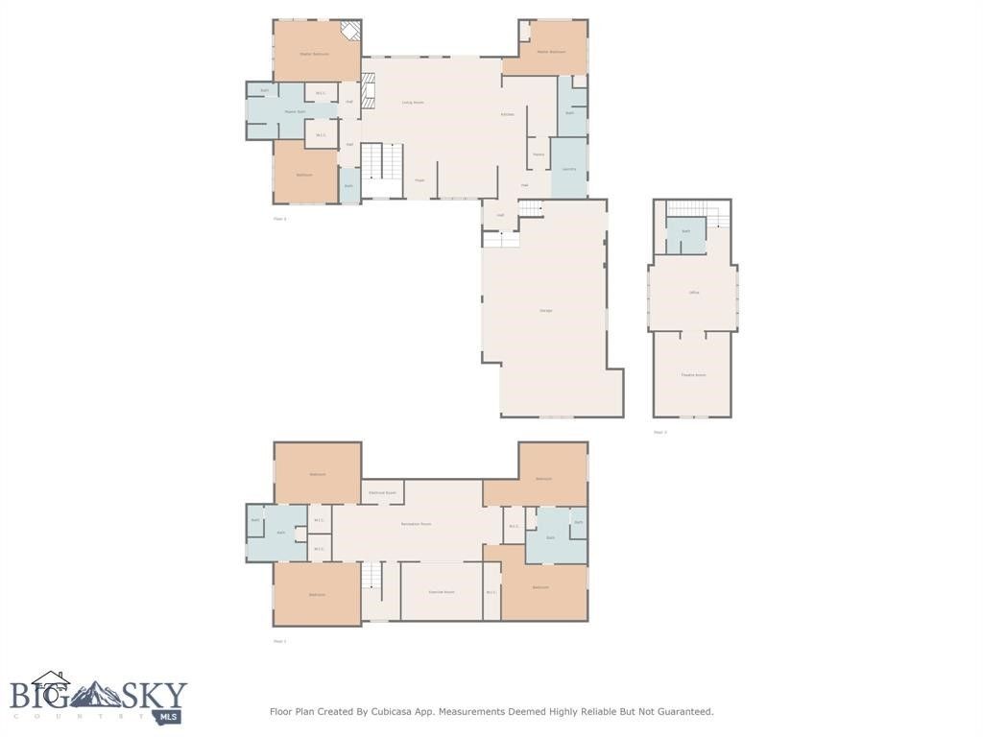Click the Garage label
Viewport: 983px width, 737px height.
(x=545, y=310)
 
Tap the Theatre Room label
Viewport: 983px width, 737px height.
(x=693, y=375)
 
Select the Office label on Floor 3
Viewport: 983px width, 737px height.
(x=693, y=292)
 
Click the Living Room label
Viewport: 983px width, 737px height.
(x=413, y=102)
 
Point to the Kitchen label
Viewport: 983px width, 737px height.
(x=507, y=114)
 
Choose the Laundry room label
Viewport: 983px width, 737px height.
(x=568, y=169)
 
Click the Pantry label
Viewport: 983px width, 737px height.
(x=539, y=155)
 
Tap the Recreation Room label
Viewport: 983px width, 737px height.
(x=416, y=524)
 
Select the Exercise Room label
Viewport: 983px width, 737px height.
(x=442, y=592)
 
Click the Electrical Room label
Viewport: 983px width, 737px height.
(x=382, y=492)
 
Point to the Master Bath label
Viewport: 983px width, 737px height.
(x=295, y=111)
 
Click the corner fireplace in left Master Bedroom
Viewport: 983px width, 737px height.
(x=350, y=32)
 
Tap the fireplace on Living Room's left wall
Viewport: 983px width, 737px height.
(x=368, y=89)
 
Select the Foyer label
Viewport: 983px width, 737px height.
(x=420, y=179)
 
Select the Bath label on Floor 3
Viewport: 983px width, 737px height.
(x=685, y=231)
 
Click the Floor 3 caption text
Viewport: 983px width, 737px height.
(x=660, y=432)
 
